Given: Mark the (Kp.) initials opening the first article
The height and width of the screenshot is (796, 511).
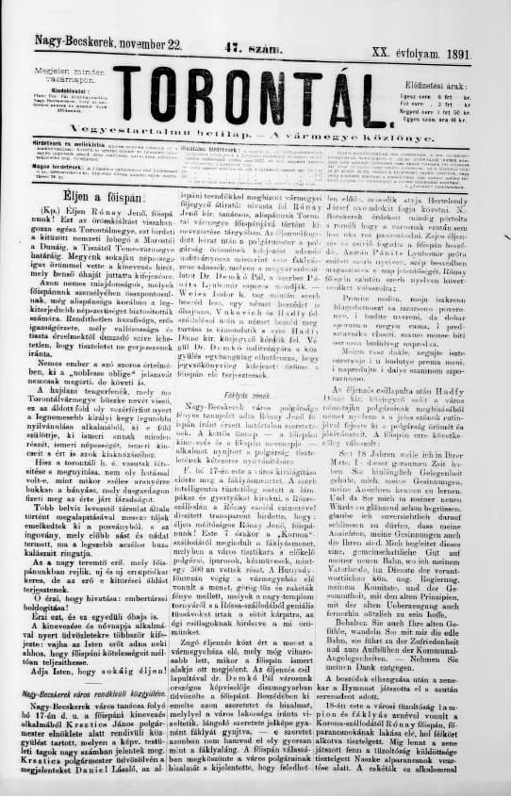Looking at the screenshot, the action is click(x=51, y=214).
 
